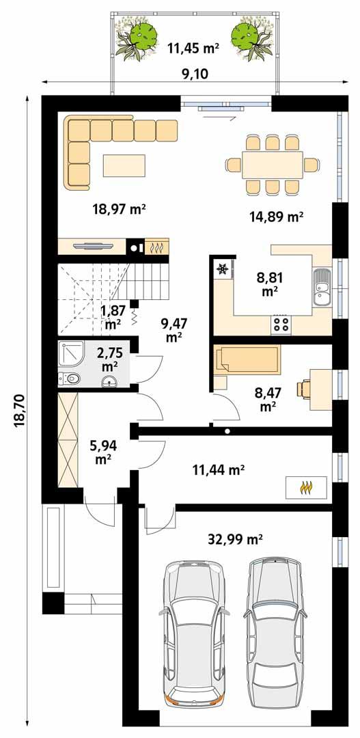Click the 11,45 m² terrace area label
(193, 47)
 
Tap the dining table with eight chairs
(272, 165)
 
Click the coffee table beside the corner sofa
(124, 165)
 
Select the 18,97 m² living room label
(120, 209)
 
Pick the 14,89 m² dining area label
(276, 217)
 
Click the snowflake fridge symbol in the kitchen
(222, 269)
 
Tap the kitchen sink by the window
(321, 287)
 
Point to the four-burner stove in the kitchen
(281, 323)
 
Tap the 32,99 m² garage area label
(235, 539)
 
